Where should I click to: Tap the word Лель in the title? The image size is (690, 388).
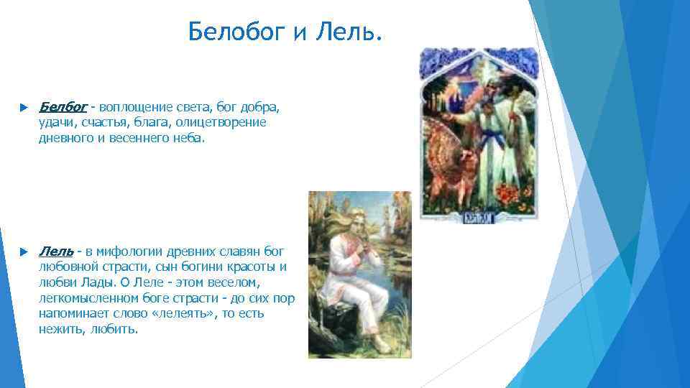click(348, 32)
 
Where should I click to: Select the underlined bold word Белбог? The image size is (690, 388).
click(63, 107)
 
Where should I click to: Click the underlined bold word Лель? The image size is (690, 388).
click(55, 251)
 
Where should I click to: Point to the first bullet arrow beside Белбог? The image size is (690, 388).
click(24, 108)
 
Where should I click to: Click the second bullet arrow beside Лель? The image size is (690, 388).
click(24, 251)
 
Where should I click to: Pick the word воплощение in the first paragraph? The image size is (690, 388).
click(134, 107)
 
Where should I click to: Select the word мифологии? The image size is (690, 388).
click(133, 251)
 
